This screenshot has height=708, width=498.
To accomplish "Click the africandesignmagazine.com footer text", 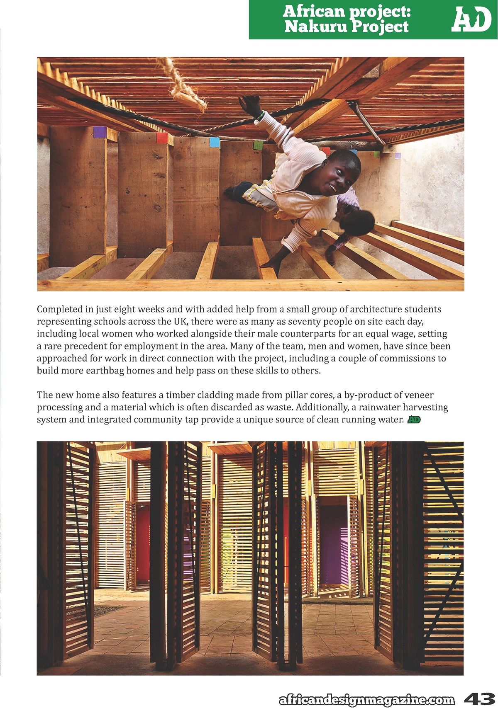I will coord(367,700).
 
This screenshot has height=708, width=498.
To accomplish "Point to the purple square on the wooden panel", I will coord(100,132).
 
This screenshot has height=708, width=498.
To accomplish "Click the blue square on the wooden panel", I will coord(215,142).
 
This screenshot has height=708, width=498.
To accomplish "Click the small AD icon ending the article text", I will coord(414,419).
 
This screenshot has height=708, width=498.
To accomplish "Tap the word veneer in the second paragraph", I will coord(418,395).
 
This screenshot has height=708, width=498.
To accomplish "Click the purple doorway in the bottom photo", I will coord(334,543).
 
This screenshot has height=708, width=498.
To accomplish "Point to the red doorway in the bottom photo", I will coord(143,543).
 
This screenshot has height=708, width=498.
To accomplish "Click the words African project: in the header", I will coord(347,11).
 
